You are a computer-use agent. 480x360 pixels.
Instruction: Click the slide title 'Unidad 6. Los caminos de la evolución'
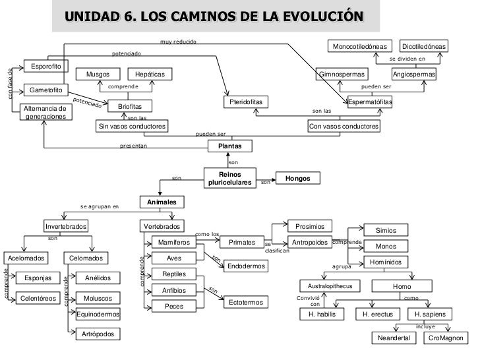(218, 16)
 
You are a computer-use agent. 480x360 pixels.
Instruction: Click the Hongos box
(297, 178)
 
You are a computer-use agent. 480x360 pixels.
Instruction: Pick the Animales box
(162, 202)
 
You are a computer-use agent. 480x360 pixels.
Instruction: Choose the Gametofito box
(45, 90)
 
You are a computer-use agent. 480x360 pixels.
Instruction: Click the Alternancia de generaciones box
(45, 111)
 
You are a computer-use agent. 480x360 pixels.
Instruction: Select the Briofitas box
(125, 105)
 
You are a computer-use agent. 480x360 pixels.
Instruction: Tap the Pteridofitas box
(247, 103)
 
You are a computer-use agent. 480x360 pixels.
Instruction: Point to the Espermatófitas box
(370, 102)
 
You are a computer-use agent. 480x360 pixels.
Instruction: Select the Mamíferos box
(174, 243)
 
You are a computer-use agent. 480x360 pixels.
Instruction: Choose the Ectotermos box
(247, 302)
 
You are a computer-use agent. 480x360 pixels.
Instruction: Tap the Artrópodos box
(98, 334)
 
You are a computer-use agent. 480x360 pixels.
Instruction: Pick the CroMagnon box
(445, 338)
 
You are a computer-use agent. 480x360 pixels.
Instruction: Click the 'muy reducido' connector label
(178, 42)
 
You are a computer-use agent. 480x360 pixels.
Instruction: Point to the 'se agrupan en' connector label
(100, 206)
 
